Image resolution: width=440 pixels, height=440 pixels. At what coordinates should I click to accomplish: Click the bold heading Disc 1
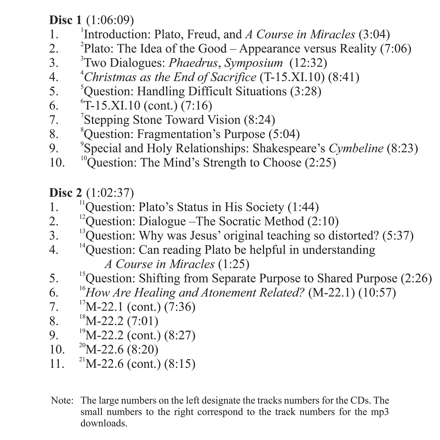tap(65, 20)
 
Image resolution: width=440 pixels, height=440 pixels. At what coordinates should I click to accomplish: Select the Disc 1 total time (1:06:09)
tap(110, 20)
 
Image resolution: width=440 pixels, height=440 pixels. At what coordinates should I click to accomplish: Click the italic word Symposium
tap(253, 63)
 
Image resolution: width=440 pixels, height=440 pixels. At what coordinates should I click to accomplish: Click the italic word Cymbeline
tap(356, 148)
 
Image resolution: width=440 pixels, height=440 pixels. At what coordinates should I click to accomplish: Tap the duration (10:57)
tap(377, 293)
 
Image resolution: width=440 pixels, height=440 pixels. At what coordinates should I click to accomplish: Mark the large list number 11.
tap(57, 364)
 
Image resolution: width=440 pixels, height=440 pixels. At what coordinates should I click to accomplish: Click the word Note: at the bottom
tap(62, 400)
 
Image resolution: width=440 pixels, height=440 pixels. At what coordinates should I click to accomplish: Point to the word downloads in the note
tap(104, 423)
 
